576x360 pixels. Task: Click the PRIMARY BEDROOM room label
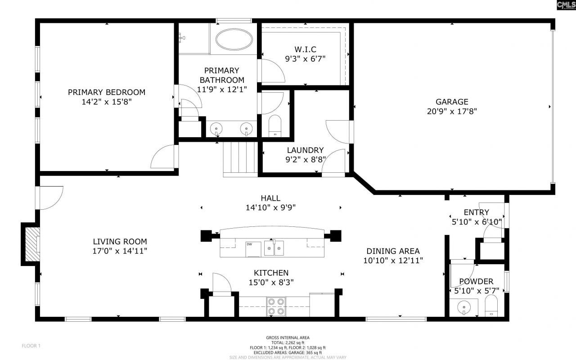(107, 92)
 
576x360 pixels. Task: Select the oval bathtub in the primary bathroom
(234, 40)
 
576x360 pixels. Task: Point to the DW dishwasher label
(249, 244)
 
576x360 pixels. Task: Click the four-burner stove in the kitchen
(275, 306)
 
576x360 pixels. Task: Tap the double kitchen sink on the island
(274, 247)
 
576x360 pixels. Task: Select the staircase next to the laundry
(240, 157)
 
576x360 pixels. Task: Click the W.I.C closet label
(305, 49)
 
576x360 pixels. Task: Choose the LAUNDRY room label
(305, 150)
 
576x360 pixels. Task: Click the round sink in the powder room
(463, 308)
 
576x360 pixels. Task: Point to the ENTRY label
(476, 212)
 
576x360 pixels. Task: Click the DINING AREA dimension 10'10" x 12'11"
(393, 260)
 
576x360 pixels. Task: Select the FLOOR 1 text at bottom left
(31, 346)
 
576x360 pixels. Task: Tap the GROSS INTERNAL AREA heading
(288, 337)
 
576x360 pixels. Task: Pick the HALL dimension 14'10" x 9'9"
(270, 207)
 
